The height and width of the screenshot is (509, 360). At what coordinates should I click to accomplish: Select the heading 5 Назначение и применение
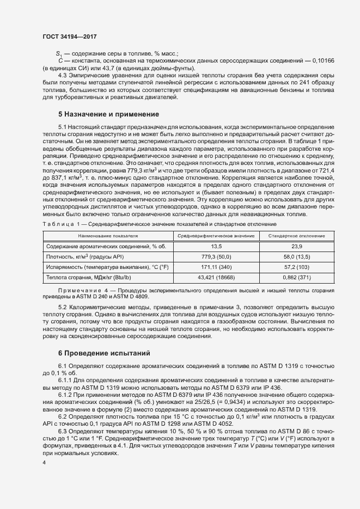tap(108, 114)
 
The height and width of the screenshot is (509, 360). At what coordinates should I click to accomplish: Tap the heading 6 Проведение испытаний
tap(104, 353)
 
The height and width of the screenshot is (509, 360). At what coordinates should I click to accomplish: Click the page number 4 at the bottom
tap(44, 462)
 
